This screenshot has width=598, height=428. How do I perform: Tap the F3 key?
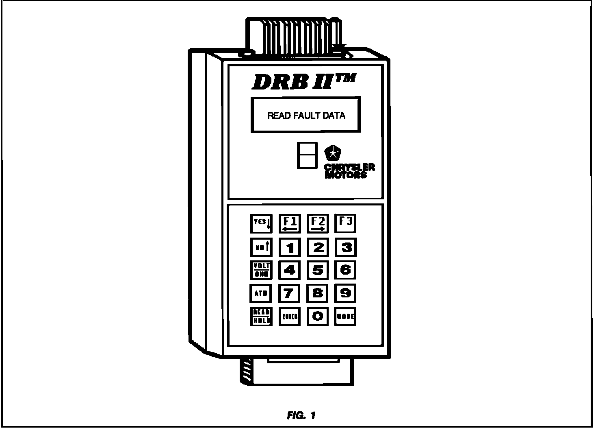click(345, 223)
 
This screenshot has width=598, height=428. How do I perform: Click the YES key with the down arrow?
click(261, 223)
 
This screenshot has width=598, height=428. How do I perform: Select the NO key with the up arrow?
click(261, 247)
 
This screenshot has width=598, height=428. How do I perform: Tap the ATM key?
click(261, 293)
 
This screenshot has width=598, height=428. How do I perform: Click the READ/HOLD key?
click(261, 316)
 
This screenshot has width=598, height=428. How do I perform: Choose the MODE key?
click(345, 316)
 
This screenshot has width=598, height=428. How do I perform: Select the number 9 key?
click(345, 293)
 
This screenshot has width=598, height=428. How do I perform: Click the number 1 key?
click(290, 247)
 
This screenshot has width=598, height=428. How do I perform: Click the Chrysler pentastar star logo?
click(333, 153)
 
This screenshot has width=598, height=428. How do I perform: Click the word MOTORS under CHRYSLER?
click(346, 175)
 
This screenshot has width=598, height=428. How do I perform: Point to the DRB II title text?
click(304, 82)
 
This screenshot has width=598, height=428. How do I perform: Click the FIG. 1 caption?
click(301, 415)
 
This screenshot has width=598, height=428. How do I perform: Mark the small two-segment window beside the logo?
click(307, 155)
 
